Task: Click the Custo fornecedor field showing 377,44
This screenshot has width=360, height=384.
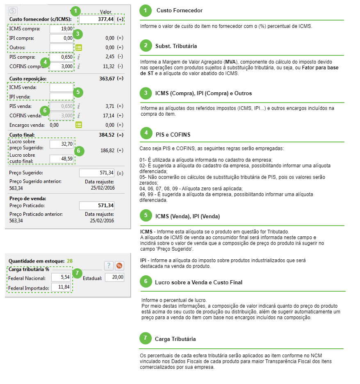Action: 97,19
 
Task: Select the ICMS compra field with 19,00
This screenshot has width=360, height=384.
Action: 62,29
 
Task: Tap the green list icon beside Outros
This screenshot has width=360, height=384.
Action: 79,48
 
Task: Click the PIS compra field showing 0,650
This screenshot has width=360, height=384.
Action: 62,57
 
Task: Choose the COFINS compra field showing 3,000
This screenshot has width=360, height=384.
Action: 62,66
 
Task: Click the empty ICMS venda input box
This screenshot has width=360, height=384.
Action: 62,87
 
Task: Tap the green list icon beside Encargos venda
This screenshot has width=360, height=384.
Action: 79,125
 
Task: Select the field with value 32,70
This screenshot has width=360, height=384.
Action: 62,144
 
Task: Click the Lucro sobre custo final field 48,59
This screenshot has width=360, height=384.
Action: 62,158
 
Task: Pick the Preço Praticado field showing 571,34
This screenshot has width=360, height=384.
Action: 97,206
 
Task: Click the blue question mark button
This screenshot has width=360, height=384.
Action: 108,265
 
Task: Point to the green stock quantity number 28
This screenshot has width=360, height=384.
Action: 70,261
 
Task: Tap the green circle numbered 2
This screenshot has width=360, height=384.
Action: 145,46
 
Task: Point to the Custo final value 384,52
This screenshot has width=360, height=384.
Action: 105,135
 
